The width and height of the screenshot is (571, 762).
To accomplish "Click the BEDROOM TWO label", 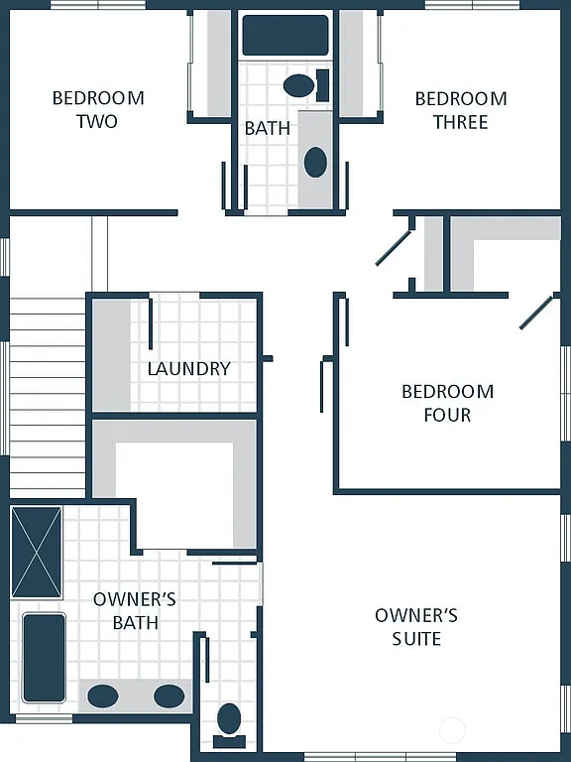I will coord(97,109).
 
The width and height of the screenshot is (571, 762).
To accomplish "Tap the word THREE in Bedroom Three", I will coord(460,122).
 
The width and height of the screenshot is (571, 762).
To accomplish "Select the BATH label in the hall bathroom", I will coord(268,128).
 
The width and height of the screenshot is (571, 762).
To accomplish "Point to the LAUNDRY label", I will coord(188,368).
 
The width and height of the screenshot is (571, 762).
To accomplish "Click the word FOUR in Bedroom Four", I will coord(447,415).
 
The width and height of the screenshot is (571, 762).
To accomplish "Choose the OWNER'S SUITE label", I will coord(416,626).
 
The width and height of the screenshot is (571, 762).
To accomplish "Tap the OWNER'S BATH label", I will coord(135,610).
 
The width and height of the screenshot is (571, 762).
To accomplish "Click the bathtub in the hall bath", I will coord(285,35).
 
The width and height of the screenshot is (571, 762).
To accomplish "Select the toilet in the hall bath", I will coord(301,84).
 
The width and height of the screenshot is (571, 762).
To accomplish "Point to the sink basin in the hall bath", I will coord(315,161).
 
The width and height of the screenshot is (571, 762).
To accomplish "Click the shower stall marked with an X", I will coord(36,553).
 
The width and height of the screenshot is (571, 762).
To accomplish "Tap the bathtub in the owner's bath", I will coord(44,657).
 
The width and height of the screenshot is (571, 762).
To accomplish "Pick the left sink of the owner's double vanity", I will coord(103,696).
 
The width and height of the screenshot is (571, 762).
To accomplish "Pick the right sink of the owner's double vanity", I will coord(169,696).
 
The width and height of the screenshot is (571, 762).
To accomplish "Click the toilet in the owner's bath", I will coord(230,721).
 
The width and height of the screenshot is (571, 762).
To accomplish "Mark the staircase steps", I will coord(47,397).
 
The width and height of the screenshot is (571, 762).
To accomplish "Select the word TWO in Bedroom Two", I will coord(97,121).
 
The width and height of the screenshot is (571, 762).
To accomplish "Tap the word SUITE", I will coord(416,638).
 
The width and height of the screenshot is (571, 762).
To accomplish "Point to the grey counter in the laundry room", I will coord(112,354).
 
